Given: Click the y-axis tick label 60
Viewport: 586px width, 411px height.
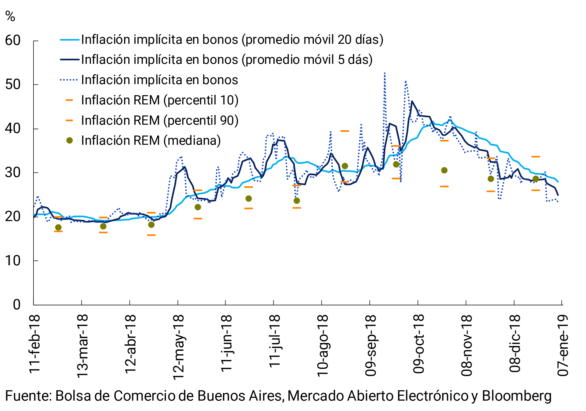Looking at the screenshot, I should (12, 41).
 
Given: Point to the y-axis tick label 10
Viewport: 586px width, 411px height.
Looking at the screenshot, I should (12, 261).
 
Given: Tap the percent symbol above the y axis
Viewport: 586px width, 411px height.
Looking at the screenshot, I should (10, 16).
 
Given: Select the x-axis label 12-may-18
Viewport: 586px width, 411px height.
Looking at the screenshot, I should (178, 347).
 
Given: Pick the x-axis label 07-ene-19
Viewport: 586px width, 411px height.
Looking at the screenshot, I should (562, 345).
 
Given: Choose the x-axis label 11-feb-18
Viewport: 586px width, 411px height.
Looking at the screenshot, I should (34, 344).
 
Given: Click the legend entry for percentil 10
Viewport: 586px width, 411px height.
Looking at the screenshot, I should (159, 100).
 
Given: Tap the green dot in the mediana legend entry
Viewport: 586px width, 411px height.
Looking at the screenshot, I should (69, 140).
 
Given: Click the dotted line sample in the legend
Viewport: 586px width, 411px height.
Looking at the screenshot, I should (69, 80).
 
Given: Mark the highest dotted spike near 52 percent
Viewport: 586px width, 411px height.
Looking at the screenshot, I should (385, 74).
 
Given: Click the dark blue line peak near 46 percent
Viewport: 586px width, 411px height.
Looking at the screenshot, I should (412, 101).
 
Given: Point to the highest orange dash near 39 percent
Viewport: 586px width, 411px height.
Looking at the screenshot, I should (345, 131).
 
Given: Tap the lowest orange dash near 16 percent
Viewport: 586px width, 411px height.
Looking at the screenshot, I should (151, 235).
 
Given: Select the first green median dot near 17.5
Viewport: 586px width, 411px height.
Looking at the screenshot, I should (58, 228).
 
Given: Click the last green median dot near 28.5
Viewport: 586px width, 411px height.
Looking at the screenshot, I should (536, 179).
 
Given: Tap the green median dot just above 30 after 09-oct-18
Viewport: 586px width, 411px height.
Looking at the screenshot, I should (444, 170).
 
